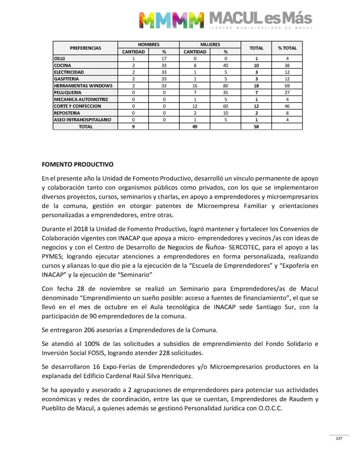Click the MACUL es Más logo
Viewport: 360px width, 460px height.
point(226,20)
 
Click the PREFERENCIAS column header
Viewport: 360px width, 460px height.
point(85,48)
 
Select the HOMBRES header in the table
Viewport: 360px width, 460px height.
point(148,45)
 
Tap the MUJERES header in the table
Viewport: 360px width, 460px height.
point(210,45)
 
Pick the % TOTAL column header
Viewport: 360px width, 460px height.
point(287,48)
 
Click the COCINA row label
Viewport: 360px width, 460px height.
point(62,65)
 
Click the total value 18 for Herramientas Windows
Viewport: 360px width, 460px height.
point(257,86)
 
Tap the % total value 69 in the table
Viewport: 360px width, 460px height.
point(287,86)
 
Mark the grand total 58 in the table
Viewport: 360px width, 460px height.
point(257,127)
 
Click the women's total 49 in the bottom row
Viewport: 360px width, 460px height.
point(195,127)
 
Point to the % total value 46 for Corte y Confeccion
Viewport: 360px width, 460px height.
point(287,106)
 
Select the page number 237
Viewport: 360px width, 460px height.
point(339,438)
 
